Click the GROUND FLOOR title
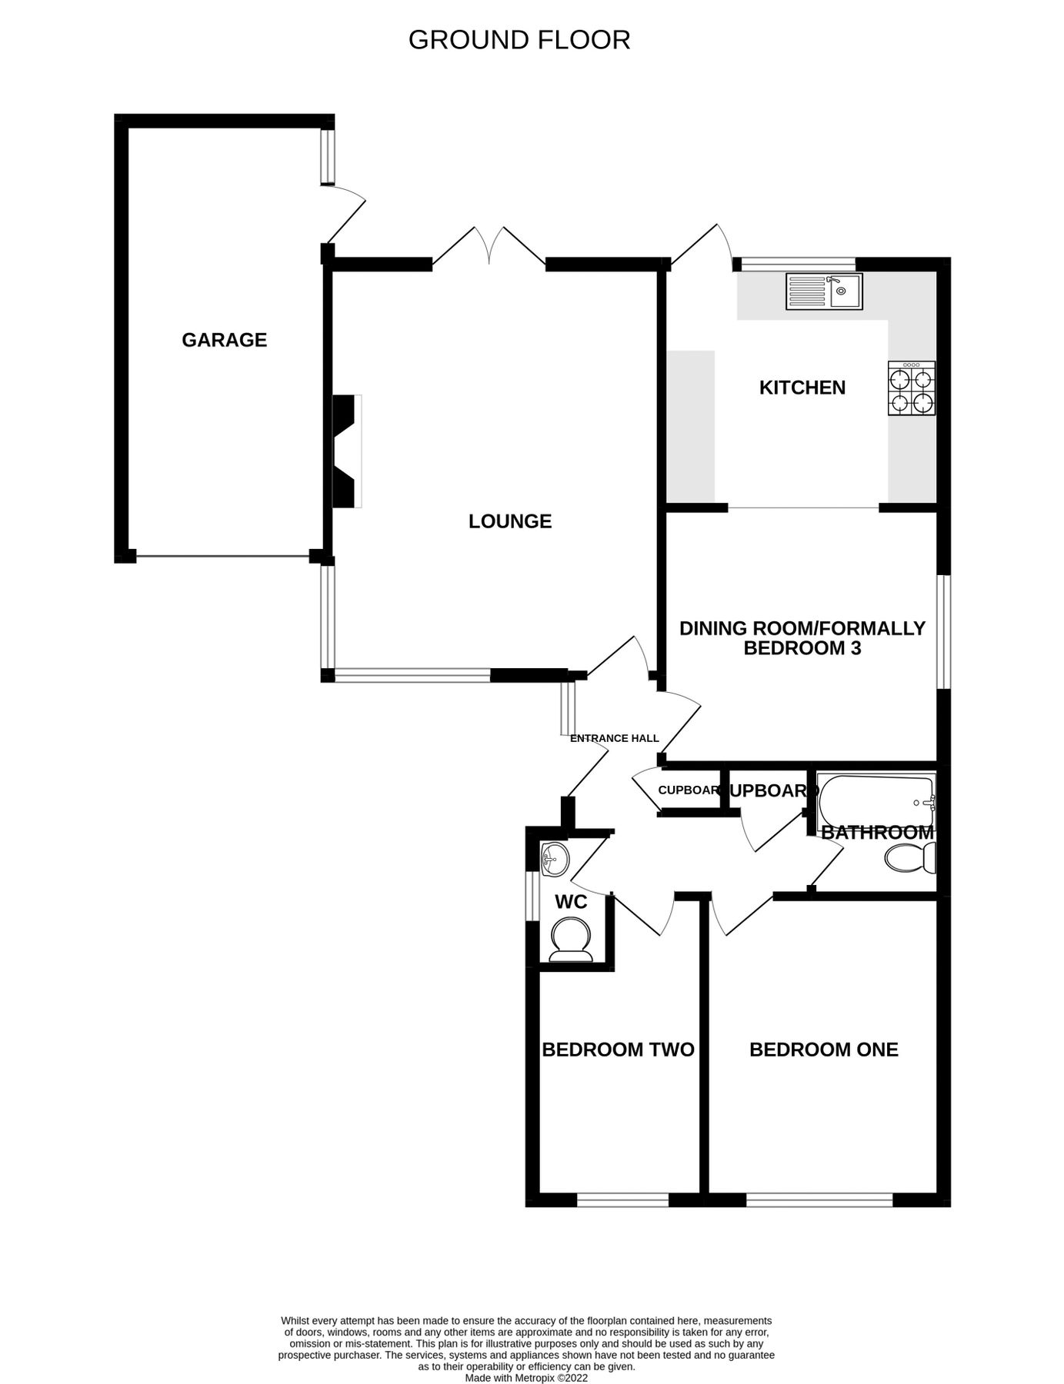pos(519,40)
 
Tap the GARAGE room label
pos(224,340)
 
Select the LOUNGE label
pos(510,521)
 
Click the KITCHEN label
pos(802,388)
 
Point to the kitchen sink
pos(824,291)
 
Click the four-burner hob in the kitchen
pos(912,389)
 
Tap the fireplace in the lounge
pos(346,451)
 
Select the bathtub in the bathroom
pos(876,802)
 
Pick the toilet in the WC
pos(571,938)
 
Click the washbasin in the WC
pos(554,858)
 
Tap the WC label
pos(571,902)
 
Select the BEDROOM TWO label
pos(618,1050)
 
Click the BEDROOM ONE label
pos(823,1050)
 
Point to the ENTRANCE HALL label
pos(614,738)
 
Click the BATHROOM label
pos(877,832)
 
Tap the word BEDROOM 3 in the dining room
pos(802,648)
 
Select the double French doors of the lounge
pos(489,248)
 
